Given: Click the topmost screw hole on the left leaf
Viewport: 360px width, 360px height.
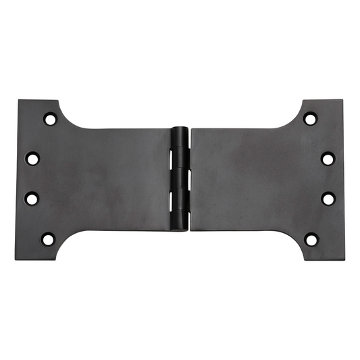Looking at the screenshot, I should pyautogui.click(x=50, y=120).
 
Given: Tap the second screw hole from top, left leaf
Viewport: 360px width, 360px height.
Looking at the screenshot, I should pyautogui.click(x=32, y=159).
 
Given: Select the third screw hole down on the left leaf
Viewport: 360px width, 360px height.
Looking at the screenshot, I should pyautogui.click(x=32, y=198).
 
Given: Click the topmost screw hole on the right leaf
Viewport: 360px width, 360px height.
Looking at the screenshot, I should pyautogui.click(x=310, y=120).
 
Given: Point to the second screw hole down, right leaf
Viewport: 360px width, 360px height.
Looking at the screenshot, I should pyautogui.click(x=328, y=159).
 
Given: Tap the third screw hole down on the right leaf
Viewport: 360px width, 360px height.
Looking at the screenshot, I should pyautogui.click(x=328, y=199).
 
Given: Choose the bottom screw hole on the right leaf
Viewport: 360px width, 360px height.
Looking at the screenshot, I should pyautogui.click(x=310, y=238).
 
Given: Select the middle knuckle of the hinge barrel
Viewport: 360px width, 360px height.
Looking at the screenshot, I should pyautogui.click(x=180, y=179).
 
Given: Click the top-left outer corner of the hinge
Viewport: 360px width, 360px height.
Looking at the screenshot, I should pyautogui.click(x=18, y=101).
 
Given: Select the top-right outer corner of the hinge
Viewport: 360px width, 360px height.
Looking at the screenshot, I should pyautogui.click(x=343, y=101).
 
